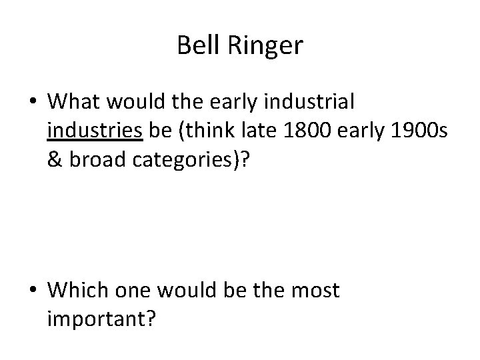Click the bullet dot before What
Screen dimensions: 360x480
pos(33,102)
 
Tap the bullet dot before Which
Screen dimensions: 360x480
pos(33,291)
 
